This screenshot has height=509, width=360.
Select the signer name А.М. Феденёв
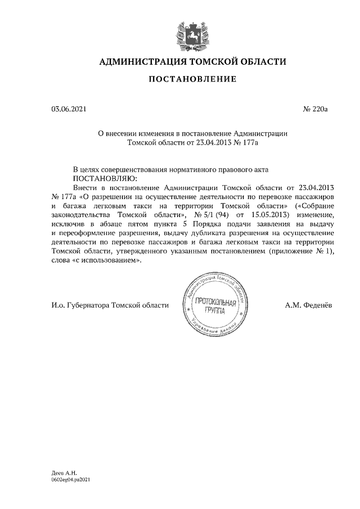coord(309,305)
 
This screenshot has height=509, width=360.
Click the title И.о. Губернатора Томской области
coord(110,305)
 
